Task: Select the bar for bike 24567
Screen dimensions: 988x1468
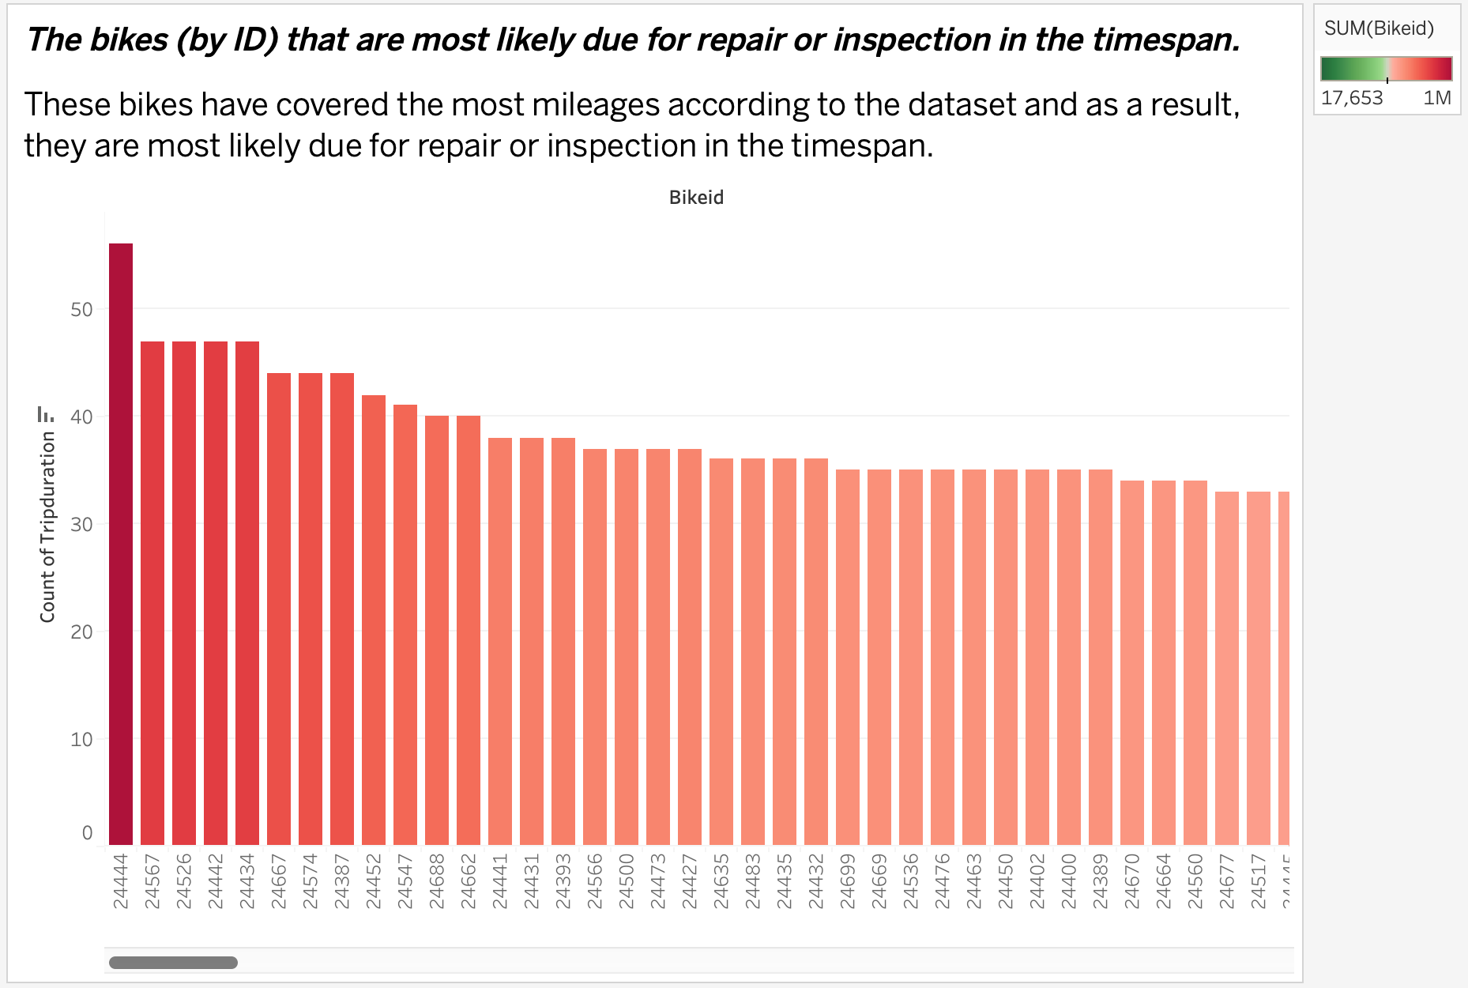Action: click(152, 593)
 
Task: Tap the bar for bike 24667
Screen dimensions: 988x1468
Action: click(279, 609)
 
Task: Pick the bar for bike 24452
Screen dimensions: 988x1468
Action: click(374, 620)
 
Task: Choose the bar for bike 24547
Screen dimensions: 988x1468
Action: click(405, 624)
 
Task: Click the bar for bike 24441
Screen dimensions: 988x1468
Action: click(500, 641)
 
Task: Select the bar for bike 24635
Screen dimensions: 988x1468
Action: click(721, 651)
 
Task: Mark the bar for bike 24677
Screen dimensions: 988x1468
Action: click(1227, 668)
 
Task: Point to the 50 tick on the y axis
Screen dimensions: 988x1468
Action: click(81, 310)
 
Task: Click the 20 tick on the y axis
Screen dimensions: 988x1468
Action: click(81, 632)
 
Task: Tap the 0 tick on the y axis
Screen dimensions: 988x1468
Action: click(87, 833)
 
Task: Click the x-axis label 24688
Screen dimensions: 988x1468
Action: click(437, 881)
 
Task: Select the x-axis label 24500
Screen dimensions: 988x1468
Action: click(627, 881)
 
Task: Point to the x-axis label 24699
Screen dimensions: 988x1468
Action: click(848, 881)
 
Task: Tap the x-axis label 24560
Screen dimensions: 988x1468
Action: click(1195, 881)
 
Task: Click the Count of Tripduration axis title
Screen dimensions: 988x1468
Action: click(47, 526)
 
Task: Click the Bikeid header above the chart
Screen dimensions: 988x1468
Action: click(696, 198)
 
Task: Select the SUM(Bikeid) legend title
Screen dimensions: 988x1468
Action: click(1379, 29)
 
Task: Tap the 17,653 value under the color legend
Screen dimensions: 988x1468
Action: click(1352, 98)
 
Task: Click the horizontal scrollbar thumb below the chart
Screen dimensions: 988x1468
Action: click(173, 963)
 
